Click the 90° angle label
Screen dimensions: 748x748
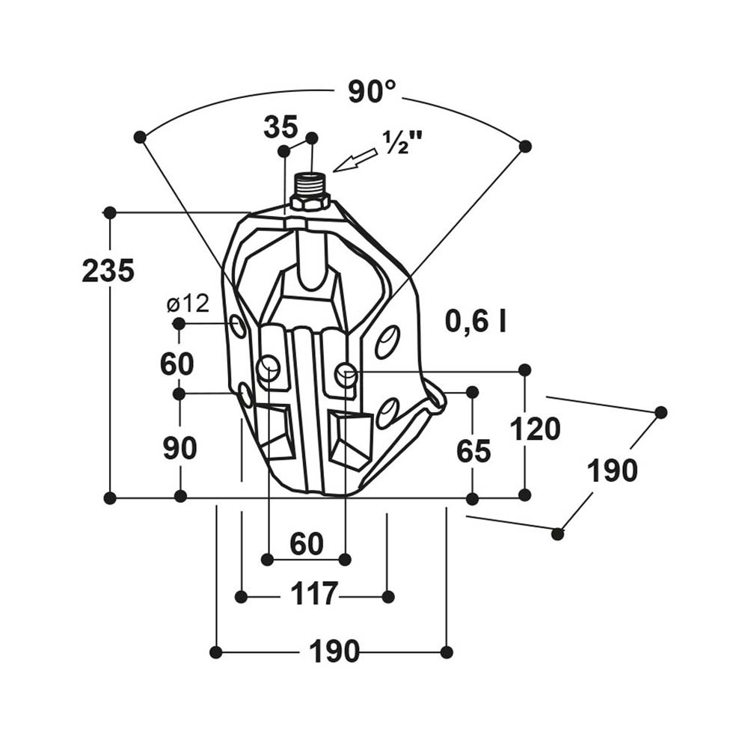[x=372, y=92]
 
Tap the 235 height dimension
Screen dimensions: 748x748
[x=108, y=271]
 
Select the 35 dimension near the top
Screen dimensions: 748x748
[x=280, y=127]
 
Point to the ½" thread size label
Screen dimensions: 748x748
[x=403, y=142]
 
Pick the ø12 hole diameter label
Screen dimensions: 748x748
[x=188, y=304]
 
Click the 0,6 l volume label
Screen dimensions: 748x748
[x=476, y=321]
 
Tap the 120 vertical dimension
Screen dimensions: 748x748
[x=535, y=429]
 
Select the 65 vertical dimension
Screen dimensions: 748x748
[x=473, y=451]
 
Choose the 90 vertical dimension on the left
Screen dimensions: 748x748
[x=180, y=447]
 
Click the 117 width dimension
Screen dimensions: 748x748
[x=314, y=595]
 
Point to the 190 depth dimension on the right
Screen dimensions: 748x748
[x=612, y=470]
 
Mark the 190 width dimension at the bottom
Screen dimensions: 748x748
[x=334, y=652]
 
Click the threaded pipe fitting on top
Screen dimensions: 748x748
[x=310, y=183]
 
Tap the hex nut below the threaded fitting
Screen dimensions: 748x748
[x=310, y=201]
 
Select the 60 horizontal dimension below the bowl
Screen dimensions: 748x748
[x=306, y=544]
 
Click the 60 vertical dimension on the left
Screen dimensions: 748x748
[x=177, y=364]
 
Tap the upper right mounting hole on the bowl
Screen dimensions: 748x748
[x=387, y=341]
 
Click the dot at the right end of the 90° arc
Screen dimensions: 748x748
[x=525, y=147]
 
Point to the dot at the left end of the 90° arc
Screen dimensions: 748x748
[x=139, y=137]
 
